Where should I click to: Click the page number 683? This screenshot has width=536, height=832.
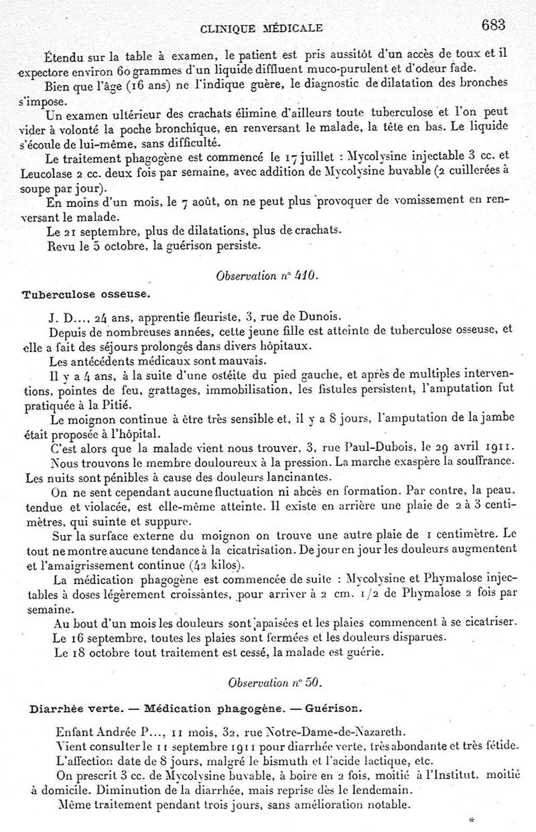[x=492, y=25]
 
